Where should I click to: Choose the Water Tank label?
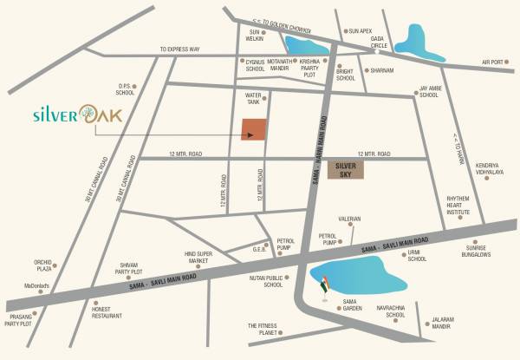coord(253,98)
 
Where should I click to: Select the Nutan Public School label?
coord(273,279)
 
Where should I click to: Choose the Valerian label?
coord(348,220)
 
